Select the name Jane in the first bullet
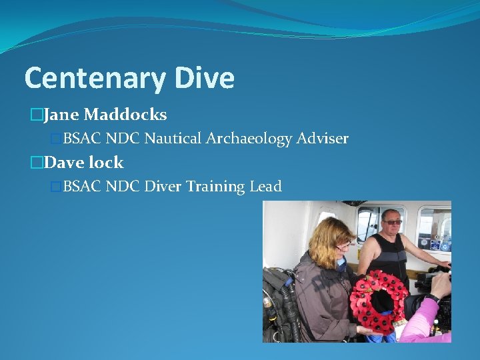(62, 115)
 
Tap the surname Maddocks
(125, 115)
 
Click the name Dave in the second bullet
(65, 163)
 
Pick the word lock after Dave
(107, 163)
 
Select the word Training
(215, 187)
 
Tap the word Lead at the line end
(266, 187)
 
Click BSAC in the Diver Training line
(81, 187)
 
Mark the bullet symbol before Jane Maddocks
(36, 115)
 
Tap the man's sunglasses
(392, 221)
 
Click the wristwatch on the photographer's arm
(434, 297)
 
